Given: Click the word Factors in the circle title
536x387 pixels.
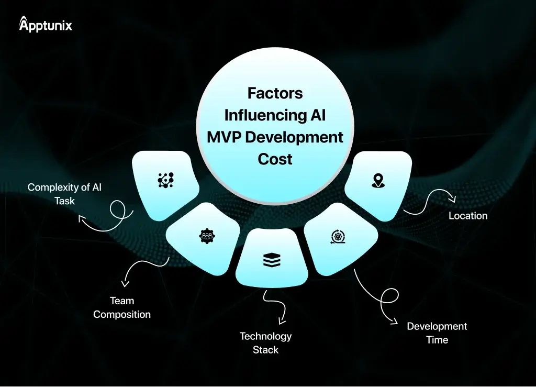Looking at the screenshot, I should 275,93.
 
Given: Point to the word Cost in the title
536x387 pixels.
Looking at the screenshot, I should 275,159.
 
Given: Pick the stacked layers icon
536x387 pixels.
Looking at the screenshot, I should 272,259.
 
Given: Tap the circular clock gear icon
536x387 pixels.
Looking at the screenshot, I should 338,236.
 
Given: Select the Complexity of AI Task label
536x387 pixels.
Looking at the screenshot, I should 65,194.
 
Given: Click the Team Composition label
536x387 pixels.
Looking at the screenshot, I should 122,307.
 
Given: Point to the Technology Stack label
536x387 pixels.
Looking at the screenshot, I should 265,342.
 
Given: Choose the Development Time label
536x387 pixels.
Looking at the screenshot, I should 437,333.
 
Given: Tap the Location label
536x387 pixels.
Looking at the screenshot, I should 468,216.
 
